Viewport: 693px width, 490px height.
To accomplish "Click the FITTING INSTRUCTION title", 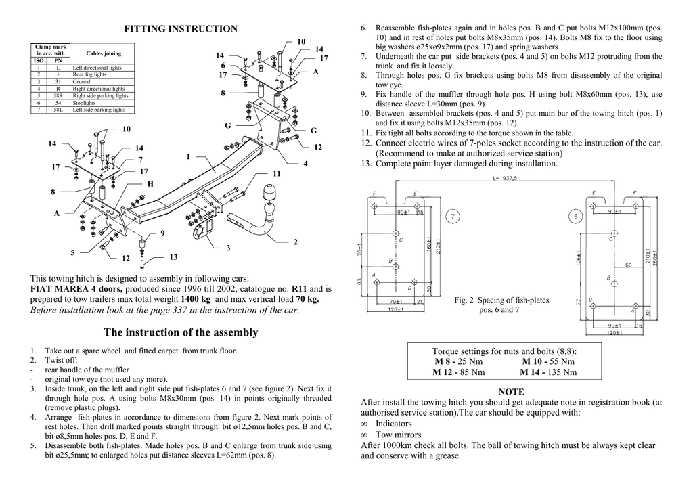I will click(181, 28).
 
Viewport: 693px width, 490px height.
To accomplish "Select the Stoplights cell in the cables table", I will click(84, 102).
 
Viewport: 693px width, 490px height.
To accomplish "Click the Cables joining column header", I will click(104, 53).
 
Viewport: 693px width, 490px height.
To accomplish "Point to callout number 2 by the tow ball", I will click(295, 242).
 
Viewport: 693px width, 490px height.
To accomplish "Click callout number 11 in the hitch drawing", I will click(276, 174).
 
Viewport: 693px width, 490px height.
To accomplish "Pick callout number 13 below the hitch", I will click(173, 257).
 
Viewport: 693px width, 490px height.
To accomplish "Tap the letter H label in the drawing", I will click(150, 183).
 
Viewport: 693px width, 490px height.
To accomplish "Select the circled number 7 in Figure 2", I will click(453, 216).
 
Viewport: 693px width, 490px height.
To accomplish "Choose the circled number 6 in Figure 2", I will click(575, 216).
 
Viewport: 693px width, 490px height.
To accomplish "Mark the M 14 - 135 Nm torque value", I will click(548, 372).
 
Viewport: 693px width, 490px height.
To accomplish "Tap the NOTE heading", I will click(511, 391).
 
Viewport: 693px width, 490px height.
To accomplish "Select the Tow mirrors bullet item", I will click(398, 435).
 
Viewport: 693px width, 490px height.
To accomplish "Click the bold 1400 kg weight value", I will click(196, 298).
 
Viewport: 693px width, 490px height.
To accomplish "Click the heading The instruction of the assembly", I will click(181, 332).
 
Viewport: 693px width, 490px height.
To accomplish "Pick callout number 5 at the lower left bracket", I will click(72, 252).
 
